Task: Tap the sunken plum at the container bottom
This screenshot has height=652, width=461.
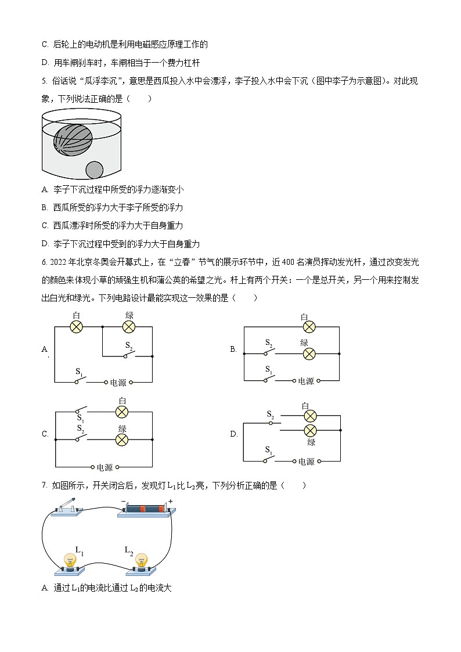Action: (94, 170)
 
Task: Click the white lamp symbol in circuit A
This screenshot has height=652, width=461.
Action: (77, 327)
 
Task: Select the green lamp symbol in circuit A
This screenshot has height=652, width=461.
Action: (129, 327)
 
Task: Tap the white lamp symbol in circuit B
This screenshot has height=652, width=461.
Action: (309, 327)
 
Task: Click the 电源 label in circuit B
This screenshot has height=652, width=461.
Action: (306, 381)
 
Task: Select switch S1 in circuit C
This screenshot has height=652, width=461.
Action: (80, 411)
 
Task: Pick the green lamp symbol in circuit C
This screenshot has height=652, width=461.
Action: (122, 440)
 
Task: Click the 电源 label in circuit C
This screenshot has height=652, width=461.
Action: (105, 467)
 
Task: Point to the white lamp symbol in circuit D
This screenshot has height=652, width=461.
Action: (311, 416)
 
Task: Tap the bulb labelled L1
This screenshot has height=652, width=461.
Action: (70, 561)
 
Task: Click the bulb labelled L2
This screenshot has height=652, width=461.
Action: (141, 561)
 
